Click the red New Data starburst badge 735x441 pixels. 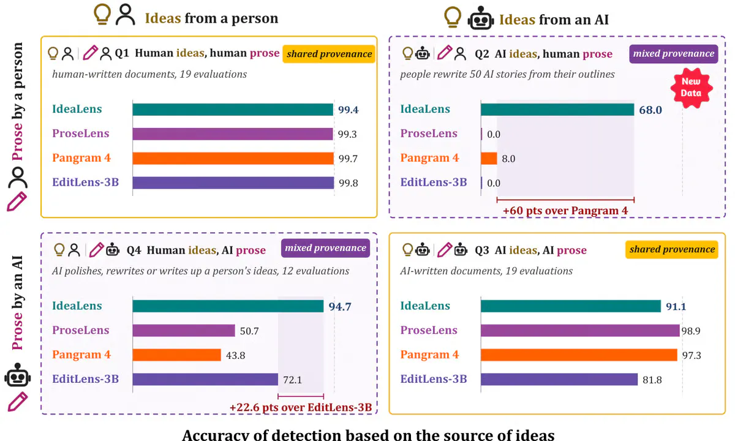(x=691, y=88)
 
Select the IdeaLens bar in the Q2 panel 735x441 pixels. (x=557, y=109)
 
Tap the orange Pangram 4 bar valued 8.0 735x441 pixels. (x=489, y=159)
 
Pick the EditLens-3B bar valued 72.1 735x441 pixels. (x=205, y=379)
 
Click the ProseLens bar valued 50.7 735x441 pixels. (x=184, y=330)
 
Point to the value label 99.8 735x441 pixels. (x=348, y=183)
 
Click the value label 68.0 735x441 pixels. (x=650, y=110)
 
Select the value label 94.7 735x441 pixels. (x=340, y=306)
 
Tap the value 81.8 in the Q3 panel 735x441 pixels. (x=652, y=380)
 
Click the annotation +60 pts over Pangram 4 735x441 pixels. (x=565, y=211)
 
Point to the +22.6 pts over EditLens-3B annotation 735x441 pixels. (x=301, y=407)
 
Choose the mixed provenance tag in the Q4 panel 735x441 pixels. (x=325, y=248)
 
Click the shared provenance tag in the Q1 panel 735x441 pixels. (x=329, y=54)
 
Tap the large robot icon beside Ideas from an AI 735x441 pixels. (x=481, y=18)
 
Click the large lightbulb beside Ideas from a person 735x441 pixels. (x=102, y=13)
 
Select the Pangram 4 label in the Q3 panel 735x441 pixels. (x=429, y=355)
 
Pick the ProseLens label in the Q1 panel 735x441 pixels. (x=81, y=134)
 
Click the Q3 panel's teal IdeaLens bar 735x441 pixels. (x=571, y=306)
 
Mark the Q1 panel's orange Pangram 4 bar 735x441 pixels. (x=233, y=159)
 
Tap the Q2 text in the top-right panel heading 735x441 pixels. (x=481, y=54)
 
